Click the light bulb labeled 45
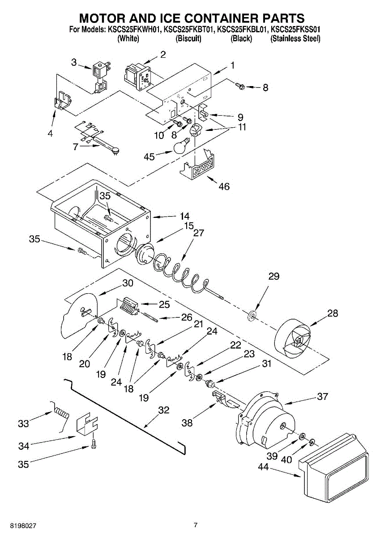[182, 146]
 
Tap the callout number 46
[224, 186]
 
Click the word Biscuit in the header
[188, 39]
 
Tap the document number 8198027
[23, 518]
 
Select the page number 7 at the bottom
[196, 518]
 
